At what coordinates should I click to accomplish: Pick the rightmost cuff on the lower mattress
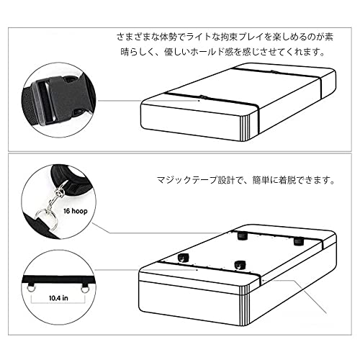pyautogui.click(x=296, y=241)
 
